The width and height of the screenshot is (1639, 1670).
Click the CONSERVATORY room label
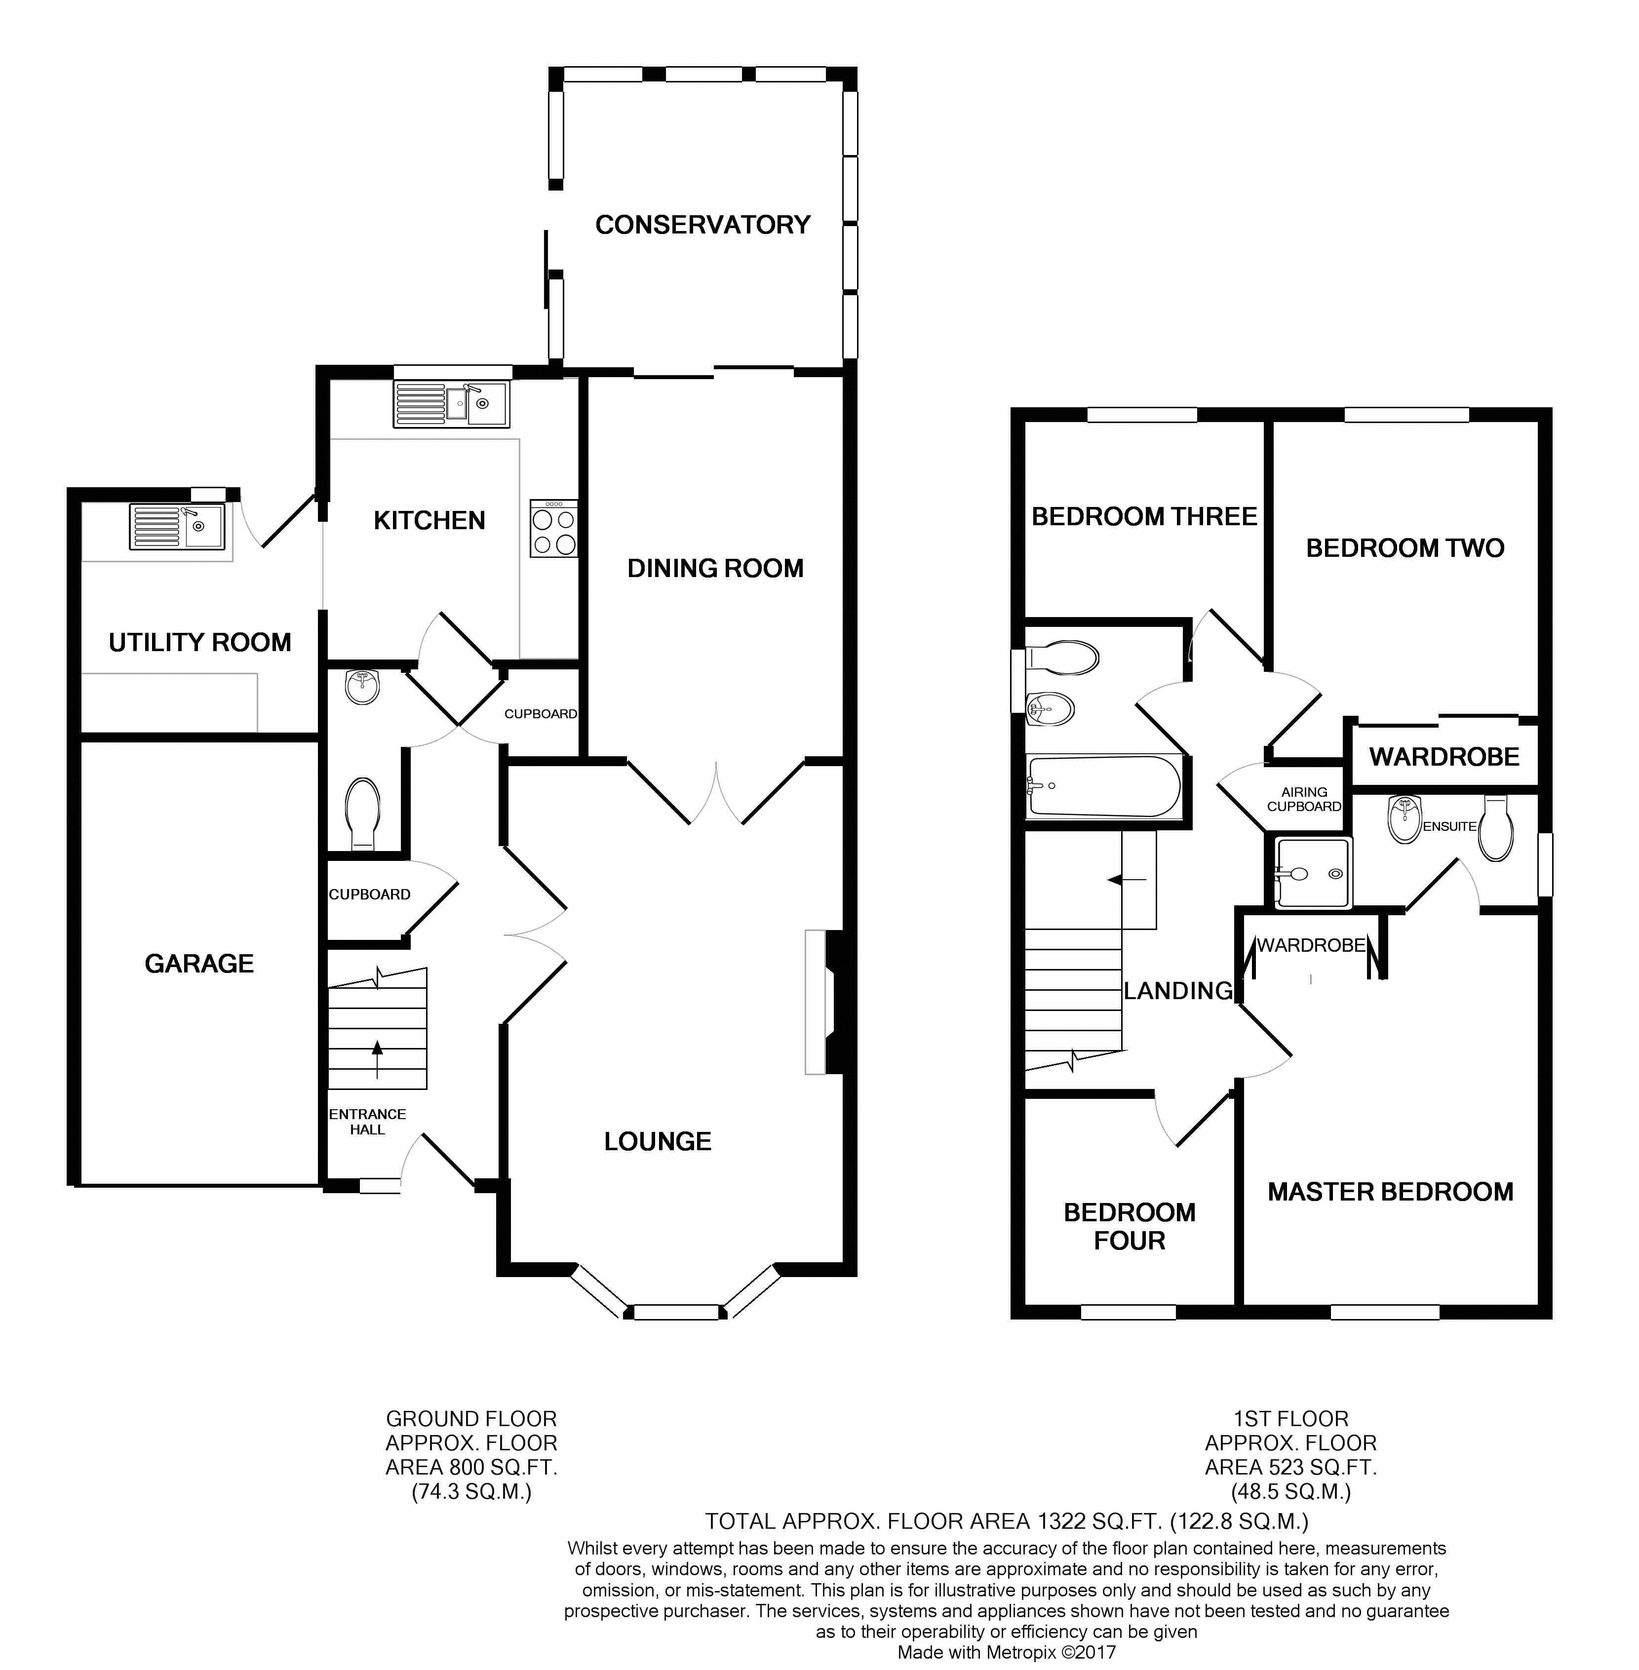[x=702, y=225]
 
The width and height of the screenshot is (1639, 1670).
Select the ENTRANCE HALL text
[x=368, y=1122]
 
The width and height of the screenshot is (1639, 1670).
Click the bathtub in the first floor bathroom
[x=1103, y=786]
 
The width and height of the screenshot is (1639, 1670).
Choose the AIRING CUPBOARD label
[x=1304, y=799]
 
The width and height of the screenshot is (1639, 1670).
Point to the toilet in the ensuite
[x=1496, y=828]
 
